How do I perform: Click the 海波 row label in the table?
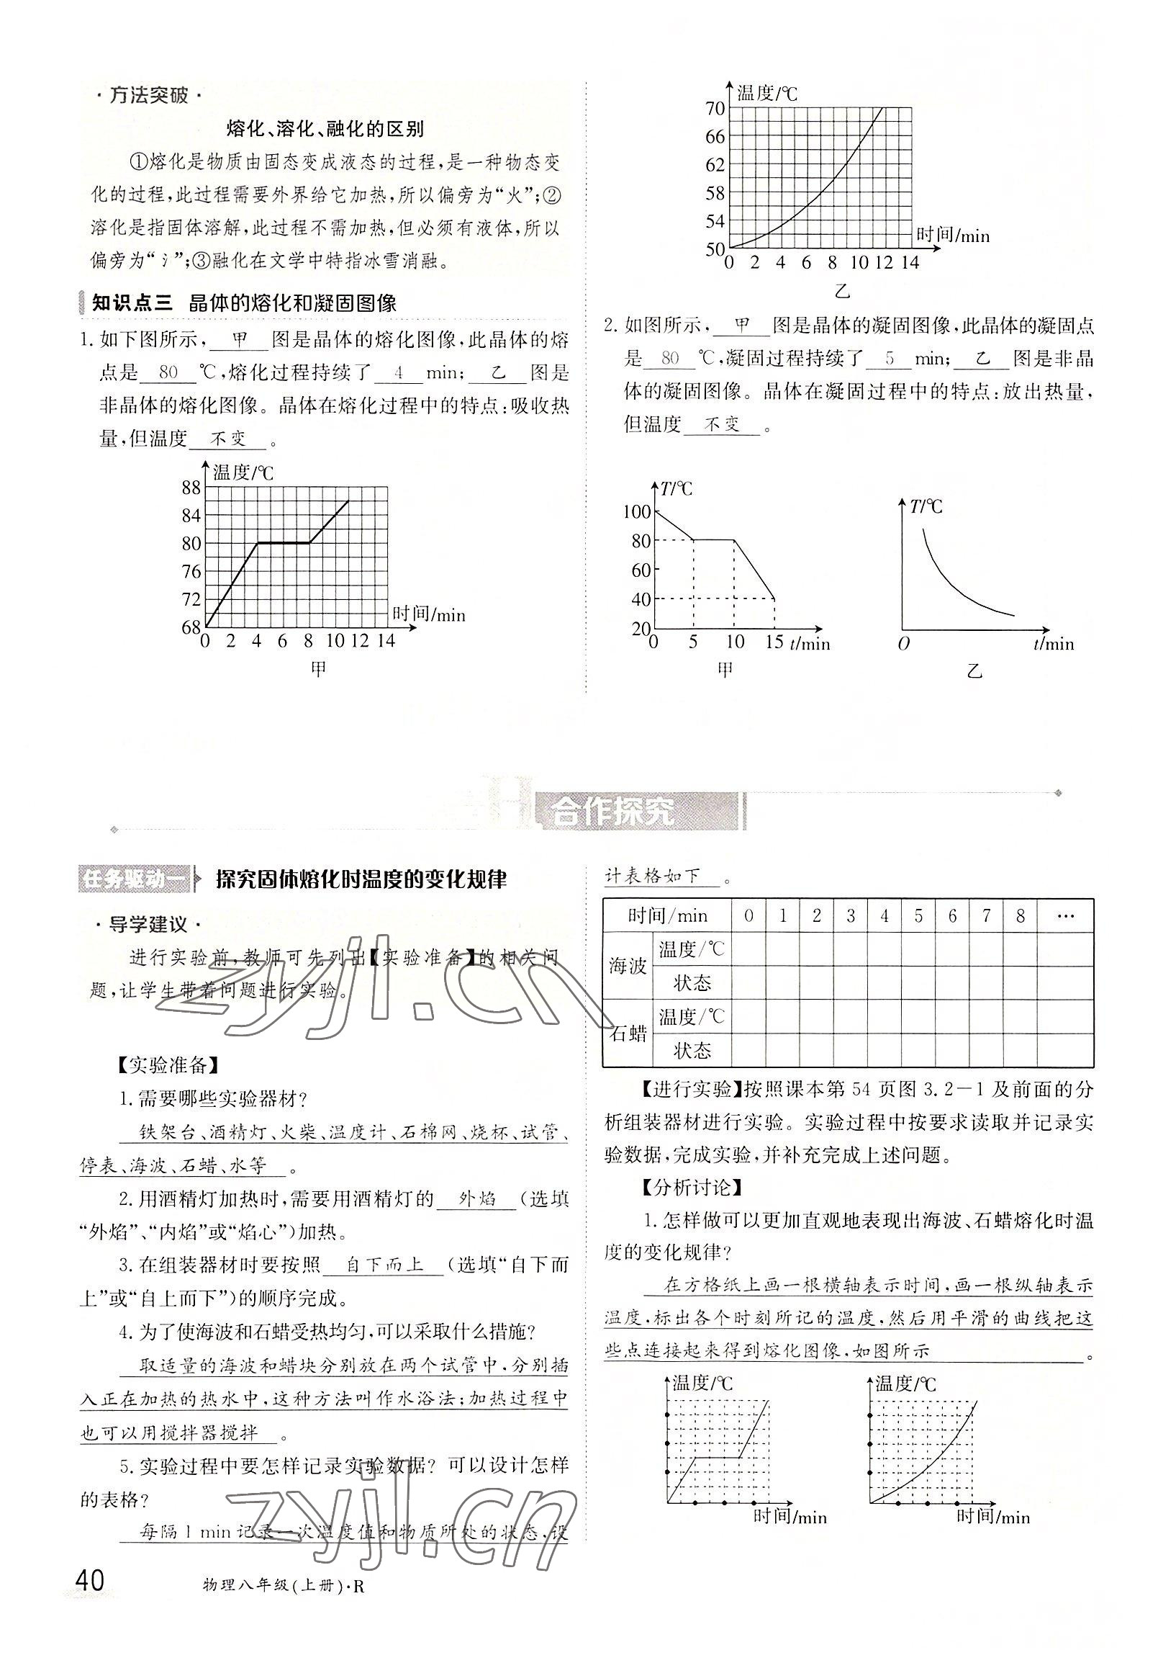(627, 966)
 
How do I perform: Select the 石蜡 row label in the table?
(628, 1033)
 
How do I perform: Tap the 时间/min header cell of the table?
(666, 915)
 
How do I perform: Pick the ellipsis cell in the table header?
(1064, 915)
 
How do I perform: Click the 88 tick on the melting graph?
(191, 488)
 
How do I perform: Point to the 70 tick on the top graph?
(715, 109)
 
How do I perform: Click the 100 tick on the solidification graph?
(636, 512)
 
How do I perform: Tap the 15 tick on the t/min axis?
(774, 642)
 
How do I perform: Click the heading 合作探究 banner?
(612, 813)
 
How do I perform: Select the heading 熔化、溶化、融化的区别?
(325, 129)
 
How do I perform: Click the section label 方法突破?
(148, 95)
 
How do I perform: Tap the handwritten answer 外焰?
(476, 1198)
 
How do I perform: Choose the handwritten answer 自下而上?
(384, 1265)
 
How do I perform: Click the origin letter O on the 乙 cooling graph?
(903, 644)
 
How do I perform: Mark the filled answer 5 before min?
(889, 358)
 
